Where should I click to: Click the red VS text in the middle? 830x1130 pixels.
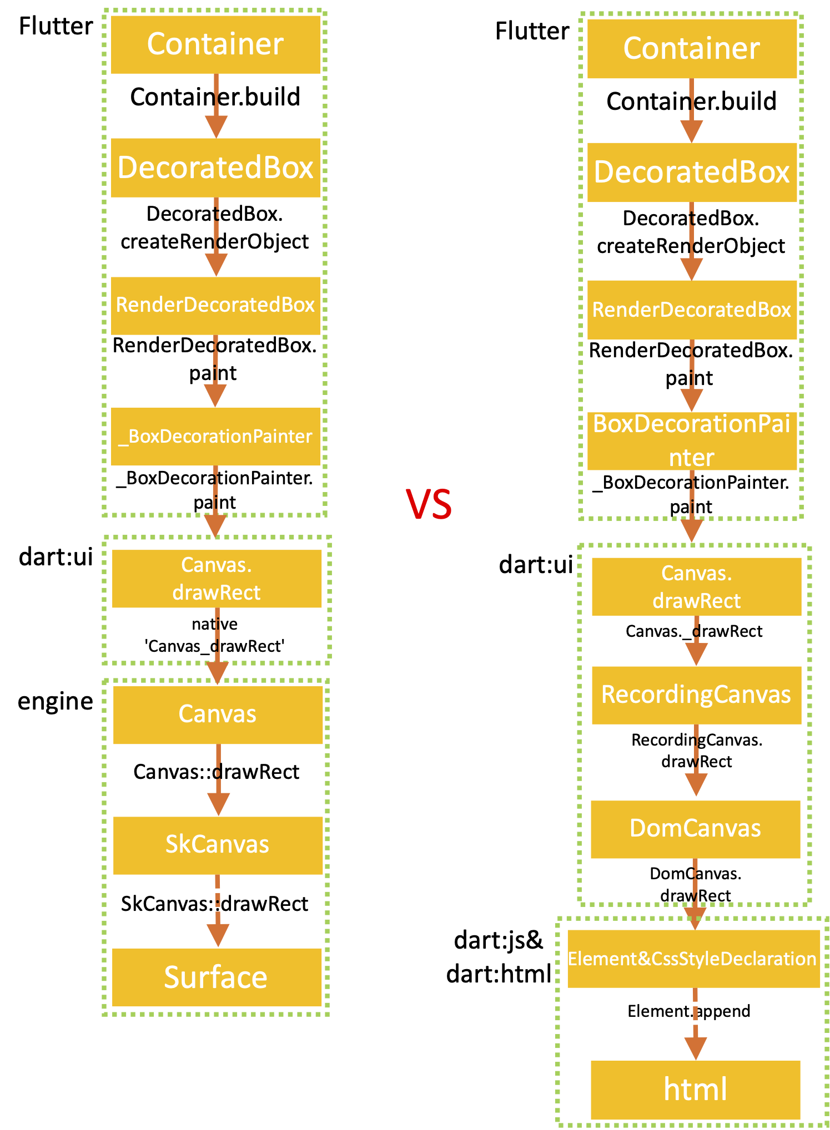(429, 504)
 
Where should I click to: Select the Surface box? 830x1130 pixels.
(217, 977)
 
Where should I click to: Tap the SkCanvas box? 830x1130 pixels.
(218, 844)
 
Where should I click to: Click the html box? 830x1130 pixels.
(695, 1089)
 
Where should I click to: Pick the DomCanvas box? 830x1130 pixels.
(695, 828)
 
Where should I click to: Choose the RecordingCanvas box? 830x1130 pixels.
(696, 695)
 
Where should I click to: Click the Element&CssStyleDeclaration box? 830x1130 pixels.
(693, 959)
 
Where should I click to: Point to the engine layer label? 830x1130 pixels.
(55, 701)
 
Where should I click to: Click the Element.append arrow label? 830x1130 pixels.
(688, 1011)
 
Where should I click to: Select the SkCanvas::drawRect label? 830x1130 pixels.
(214, 904)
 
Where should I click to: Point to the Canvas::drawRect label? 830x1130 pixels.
(216, 772)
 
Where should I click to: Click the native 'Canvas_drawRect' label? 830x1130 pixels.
(214, 635)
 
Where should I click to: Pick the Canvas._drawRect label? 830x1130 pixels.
(693, 631)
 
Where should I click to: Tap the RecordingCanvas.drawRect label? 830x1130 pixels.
(696, 751)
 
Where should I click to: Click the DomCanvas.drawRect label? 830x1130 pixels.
(695, 884)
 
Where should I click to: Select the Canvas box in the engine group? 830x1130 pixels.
(218, 714)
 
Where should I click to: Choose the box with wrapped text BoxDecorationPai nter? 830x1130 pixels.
(692, 440)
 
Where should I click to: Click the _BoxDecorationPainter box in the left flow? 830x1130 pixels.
(215, 436)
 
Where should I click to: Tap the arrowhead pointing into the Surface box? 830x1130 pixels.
(218, 935)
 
